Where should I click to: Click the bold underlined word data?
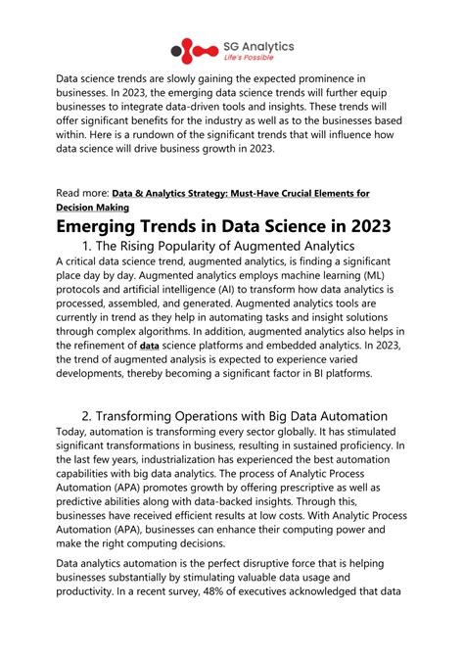click(x=150, y=346)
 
